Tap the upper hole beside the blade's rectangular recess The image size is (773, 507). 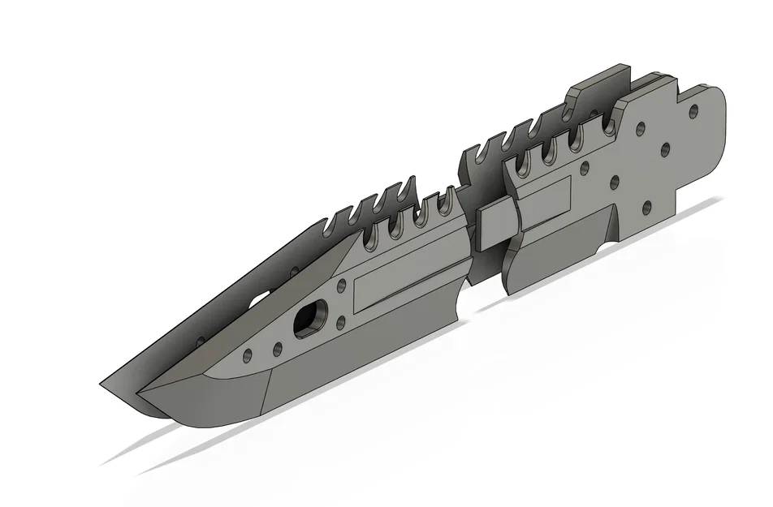[x=342, y=286]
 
